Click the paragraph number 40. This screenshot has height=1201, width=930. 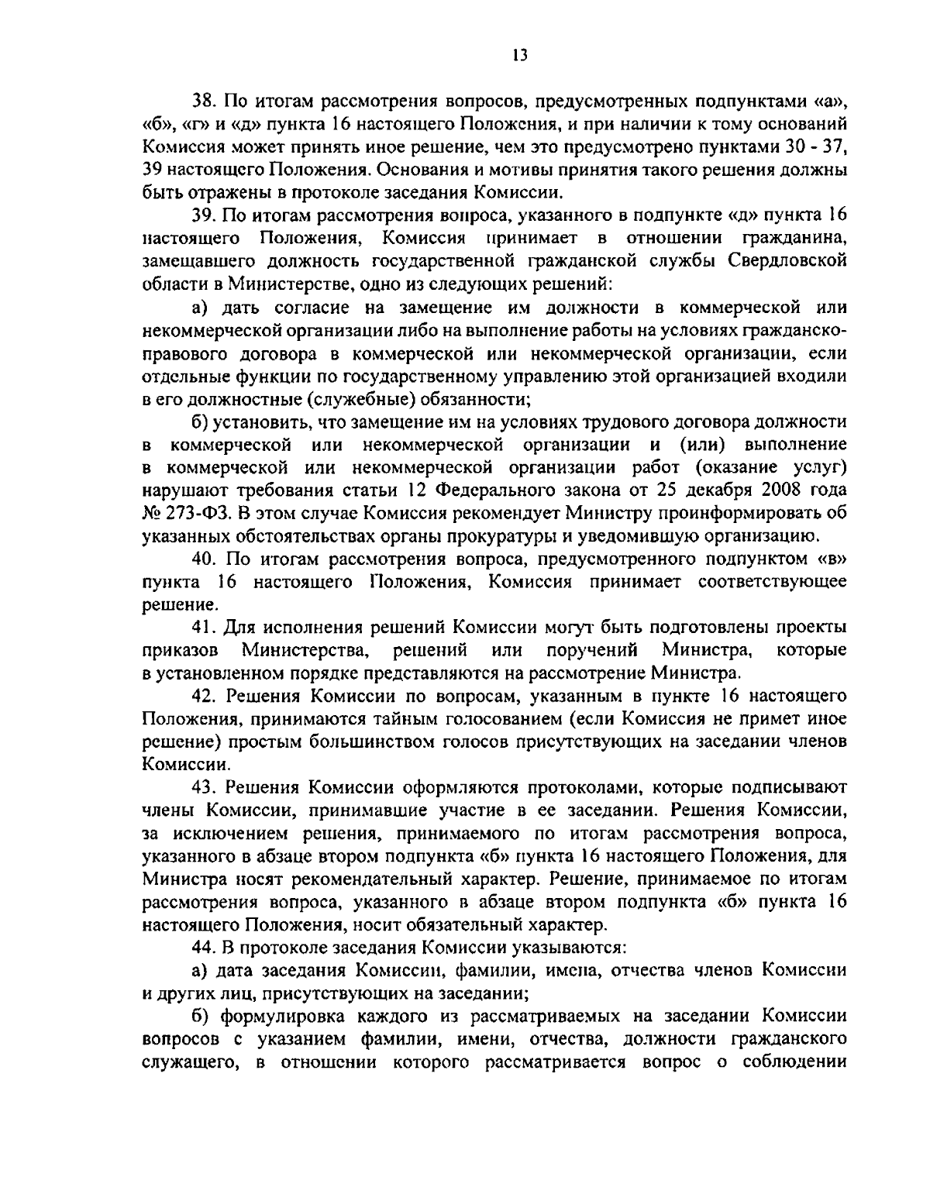click(x=204, y=558)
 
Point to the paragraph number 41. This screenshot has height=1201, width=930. click(x=204, y=625)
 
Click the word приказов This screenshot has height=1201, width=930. click(x=181, y=648)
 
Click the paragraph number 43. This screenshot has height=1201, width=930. click(x=204, y=786)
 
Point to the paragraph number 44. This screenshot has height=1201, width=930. click(x=204, y=947)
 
